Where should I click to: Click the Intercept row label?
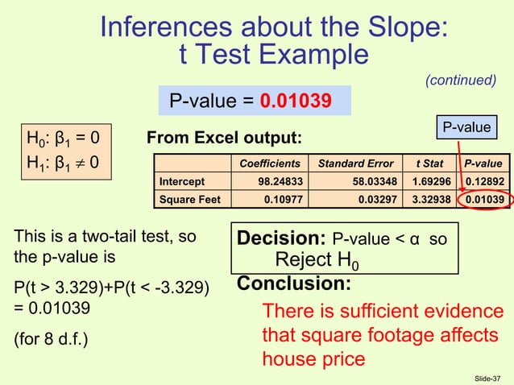pyautogui.click(x=182, y=181)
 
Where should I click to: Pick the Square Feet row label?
pyautogui.click(x=188, y=199)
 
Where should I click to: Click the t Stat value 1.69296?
pyautogui.click(x=431, y=181)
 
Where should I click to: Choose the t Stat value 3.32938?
pyautogui.click(x=431, y=199)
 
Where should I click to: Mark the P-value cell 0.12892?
pyautogui.click(x=483, y=181)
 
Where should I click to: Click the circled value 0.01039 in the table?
pyautogui.click(x=483, y=199)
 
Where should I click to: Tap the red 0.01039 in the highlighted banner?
pyautogui.click(x=296, y=101)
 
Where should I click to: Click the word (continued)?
pyautogui.click(x=460, y=80)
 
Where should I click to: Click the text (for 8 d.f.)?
pyautogui.click(x=51, y=338)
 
